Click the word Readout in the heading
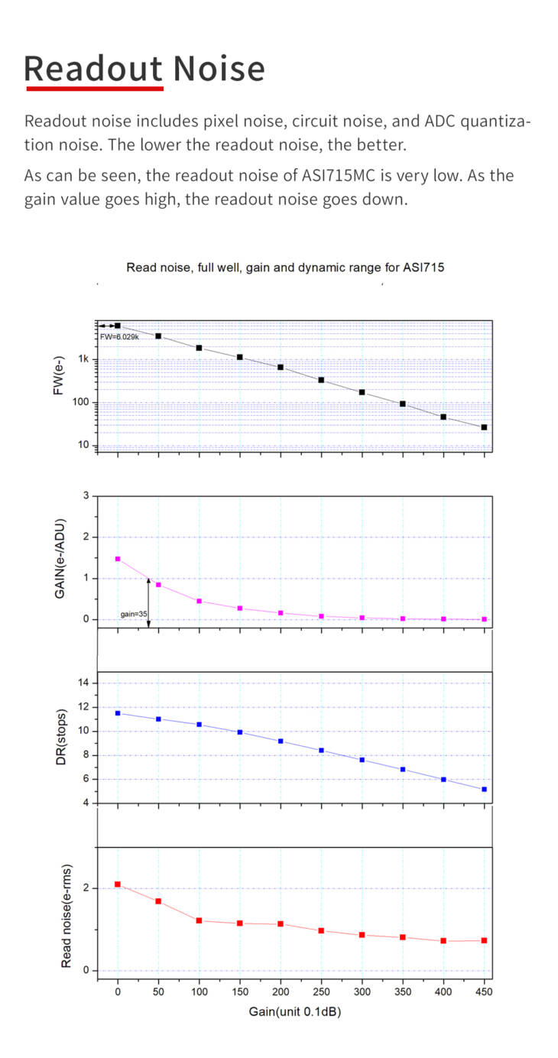coord(93,68)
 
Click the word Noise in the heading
coord(219,68)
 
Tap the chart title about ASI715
coord(285,268)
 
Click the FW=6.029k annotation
coord(118,336)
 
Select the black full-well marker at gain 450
coord(484,427)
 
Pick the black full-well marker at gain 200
coord(281,367)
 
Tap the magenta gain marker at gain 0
coord(118,559)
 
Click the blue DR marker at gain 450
coord(484,789)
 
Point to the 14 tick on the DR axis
coord(83,683)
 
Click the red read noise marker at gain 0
coord(118,884)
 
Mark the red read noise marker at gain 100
coord(199,920)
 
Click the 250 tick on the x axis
coord(321,991)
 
